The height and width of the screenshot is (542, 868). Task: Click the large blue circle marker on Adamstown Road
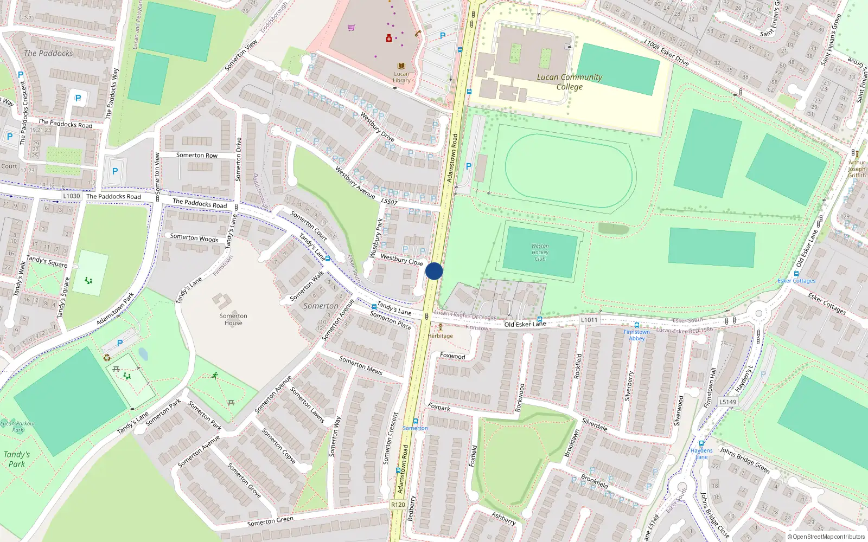434,271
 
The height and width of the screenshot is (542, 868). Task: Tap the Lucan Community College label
569,82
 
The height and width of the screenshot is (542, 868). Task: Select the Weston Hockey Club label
540,253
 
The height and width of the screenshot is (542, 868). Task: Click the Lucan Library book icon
401,66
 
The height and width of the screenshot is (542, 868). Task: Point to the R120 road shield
398,505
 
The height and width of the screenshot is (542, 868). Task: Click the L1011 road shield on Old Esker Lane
589,320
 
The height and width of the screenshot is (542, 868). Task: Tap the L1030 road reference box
71,196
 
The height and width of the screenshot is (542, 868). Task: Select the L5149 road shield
727,402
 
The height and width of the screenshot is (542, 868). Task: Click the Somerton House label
233,319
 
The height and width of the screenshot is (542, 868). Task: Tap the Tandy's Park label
16,459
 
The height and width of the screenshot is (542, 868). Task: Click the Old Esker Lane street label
525,324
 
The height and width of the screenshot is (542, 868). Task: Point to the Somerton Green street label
270,521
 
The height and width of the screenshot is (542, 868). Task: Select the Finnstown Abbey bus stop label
636,335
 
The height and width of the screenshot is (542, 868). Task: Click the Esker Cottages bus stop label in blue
796,281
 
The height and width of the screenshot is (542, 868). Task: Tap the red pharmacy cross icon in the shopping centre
389,38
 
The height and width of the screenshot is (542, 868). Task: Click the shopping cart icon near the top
352,28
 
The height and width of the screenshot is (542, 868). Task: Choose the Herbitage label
440,336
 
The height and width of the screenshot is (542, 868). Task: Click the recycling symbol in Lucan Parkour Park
107,357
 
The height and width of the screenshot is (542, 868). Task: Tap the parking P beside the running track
469,166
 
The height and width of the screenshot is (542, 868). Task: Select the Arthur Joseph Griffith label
857,169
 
